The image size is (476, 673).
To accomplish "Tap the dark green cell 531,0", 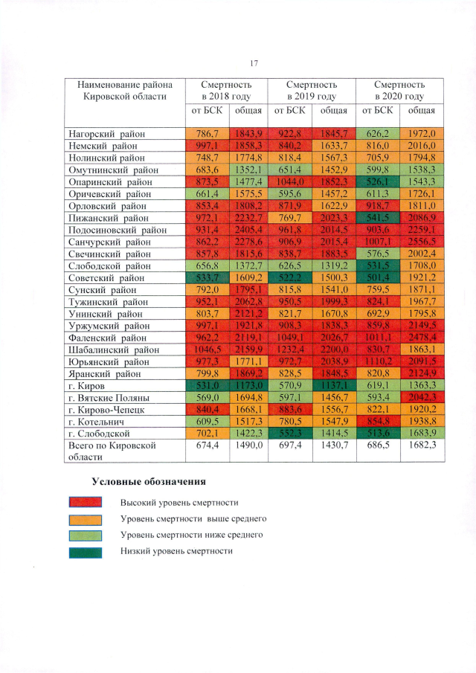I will tap(203, 384).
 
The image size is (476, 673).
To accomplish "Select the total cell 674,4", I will tap(203, 445).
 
